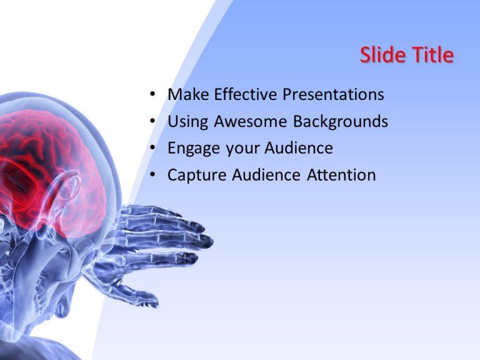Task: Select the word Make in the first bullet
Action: point(188,94)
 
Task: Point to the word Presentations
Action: point(333,94)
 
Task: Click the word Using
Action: point(188,122)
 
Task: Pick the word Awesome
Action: point(251,121)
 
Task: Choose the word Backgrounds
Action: point(341,122)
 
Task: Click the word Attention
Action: point(341,175)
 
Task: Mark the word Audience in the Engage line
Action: point(299,148)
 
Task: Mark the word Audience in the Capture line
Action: point(266,175)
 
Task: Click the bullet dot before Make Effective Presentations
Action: point(152,94)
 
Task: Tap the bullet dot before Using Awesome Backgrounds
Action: point(152,121)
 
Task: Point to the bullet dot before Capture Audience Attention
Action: point(152,175)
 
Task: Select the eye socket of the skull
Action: point(68,184)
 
